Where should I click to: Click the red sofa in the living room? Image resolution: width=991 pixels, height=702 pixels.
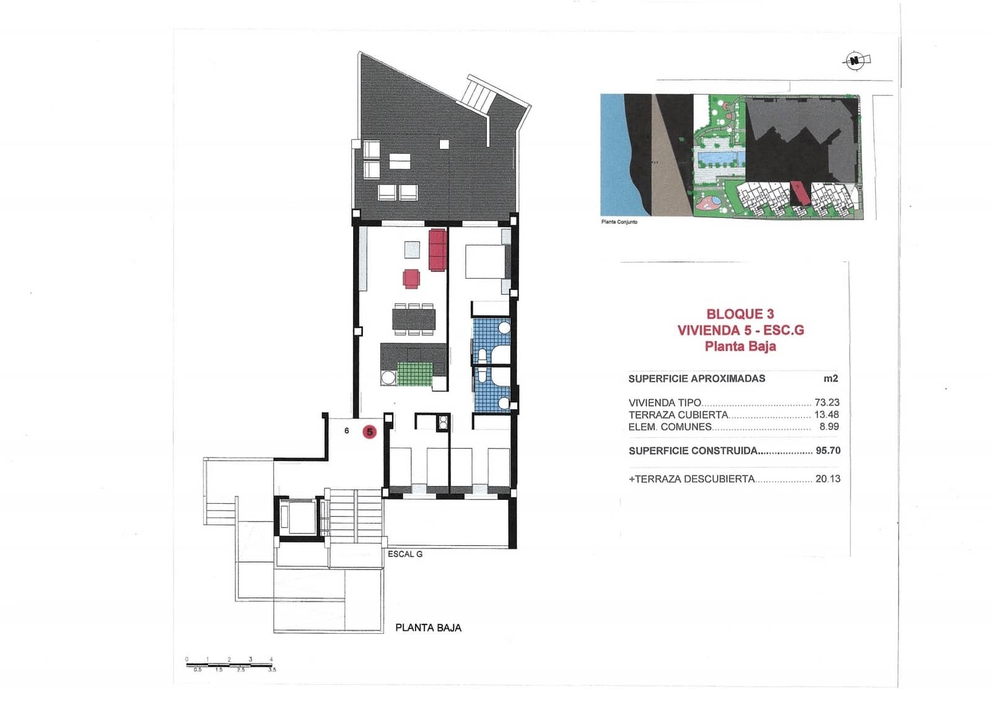(x=437, y=250)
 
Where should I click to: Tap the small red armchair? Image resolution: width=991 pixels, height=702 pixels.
(x=411, y=278)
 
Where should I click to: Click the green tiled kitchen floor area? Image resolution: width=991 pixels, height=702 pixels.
(x=414, y=374)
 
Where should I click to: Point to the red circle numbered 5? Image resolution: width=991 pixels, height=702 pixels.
(x=370, y=432)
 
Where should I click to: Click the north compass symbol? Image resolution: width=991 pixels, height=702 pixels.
(x=855, y=61)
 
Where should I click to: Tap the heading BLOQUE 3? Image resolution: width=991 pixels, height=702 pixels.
(x=740, y=314)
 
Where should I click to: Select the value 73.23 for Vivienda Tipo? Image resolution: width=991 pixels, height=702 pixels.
(x=827, y=402)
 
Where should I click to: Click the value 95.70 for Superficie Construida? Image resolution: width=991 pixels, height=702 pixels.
(x=827, y=450)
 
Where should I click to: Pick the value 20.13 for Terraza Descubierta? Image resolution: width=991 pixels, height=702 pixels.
(x=827, y=478)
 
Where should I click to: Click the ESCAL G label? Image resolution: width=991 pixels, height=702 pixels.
(x=405, y=554)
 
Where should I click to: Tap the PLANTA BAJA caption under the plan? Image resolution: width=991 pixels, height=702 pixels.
(x=428, y=628)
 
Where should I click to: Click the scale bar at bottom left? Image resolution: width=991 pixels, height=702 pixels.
(x=229, y=665)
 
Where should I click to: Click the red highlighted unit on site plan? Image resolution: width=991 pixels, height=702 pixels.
(x=799, y=193)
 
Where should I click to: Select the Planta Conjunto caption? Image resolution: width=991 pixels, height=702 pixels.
(x=619, y=222)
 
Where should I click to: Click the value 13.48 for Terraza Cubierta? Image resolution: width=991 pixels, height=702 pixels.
(x=826, y=415)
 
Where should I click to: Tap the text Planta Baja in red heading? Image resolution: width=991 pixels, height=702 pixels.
(x=740, y=346)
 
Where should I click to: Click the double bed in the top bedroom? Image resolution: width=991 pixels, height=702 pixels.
(x=486, y=262)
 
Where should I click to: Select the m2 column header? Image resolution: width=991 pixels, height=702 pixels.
(x=830, y=379)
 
